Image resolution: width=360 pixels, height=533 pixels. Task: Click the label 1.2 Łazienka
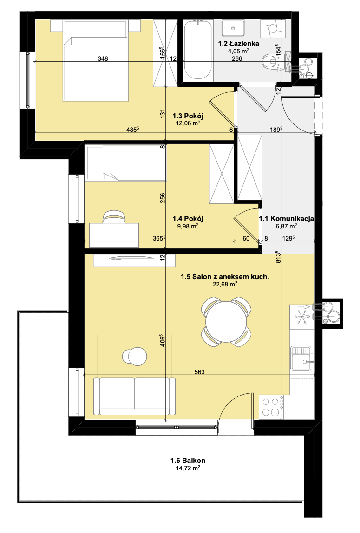pyautogui.click(x=238, y=44)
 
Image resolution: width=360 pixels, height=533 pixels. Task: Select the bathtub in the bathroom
pyautogui.click(x=198, y=49)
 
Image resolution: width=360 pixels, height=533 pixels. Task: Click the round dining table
pyautogui.click(x=226, y=321)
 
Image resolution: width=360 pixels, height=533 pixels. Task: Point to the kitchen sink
pyautogui.click(x=301, y=358)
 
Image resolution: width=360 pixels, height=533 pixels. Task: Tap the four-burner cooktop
pyautogui.click(x=271, y=407)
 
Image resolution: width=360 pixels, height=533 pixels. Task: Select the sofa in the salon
pyautogui.click(x=135, y=396)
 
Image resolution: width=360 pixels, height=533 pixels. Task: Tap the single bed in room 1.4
pyautogui.click(x=126, y=163)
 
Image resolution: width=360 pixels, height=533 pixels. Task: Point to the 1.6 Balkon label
pyautogui.click(x=188, y=461)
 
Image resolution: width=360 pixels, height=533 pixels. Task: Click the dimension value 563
pyautogui.click(x=200, y=372)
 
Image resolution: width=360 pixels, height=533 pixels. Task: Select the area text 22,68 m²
pyautogui.click(x=225, y=284)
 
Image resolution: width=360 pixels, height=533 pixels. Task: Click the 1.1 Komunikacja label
pyautogui.click(x=286, y=219)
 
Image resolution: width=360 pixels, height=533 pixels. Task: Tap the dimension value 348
pyautogui.click(x=103, y=58)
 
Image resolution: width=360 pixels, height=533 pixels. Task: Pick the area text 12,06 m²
pyautogui.click(x=188, y=123)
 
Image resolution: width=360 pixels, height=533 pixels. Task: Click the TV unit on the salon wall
pyautogui.click(x=134, y=260)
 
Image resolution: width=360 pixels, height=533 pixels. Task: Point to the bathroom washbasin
pyautogui.click(x=233, y=28)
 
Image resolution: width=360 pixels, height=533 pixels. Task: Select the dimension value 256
pyautogui.click(x=163, y=198)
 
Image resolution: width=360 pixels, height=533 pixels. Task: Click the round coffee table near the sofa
pyautogui.click(x=135, y=357)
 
